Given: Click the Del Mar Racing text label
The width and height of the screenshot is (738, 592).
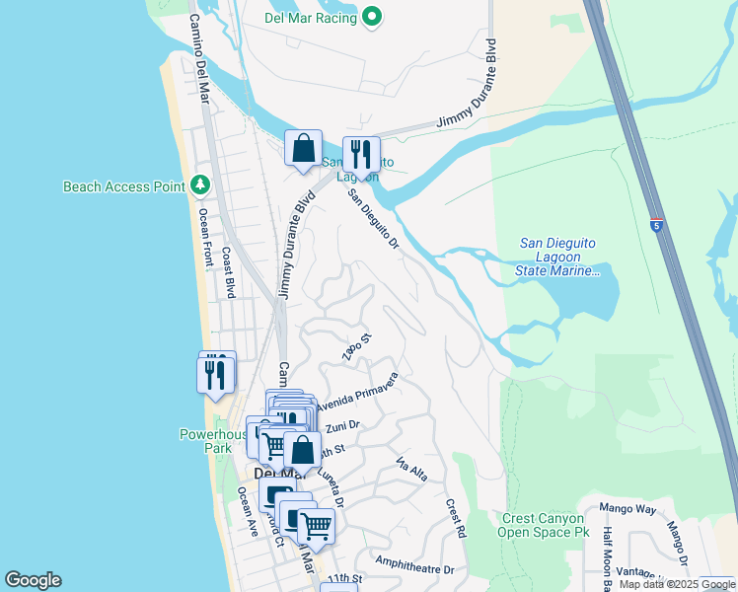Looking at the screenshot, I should coord(309,16).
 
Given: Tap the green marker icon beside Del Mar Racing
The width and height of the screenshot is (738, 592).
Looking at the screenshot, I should coord(372,16).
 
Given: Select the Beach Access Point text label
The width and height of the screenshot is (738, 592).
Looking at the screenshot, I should coord(124,186).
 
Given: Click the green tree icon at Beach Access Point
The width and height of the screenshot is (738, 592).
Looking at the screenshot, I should coord(200,185).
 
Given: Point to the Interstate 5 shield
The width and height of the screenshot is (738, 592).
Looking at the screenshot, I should coord(656,225).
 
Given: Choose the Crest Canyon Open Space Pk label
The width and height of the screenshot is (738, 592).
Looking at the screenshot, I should coord(545,525).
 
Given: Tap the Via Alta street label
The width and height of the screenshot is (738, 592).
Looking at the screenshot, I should coord(411,470).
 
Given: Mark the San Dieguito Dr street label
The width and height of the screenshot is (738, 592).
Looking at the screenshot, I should coord(372,218).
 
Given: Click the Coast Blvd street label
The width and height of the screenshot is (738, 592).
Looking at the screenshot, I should coord(228,272).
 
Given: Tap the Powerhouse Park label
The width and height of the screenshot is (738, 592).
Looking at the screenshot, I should coord(211,440).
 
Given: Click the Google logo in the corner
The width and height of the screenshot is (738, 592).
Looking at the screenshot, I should coord(33,580).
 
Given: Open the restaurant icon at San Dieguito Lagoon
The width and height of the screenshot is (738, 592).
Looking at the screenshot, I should coord(361,155).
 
